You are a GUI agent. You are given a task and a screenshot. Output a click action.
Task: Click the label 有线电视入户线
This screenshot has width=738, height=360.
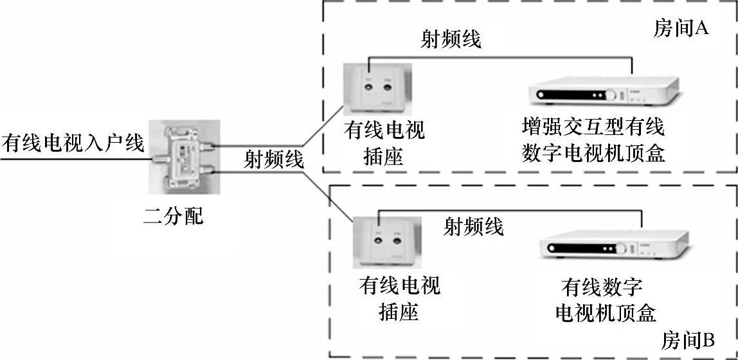click(x=73, y=143)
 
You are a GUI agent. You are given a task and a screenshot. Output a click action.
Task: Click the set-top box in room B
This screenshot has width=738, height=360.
click(x=618, y=247)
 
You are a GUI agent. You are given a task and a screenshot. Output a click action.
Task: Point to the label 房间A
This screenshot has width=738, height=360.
click(x=681, y=29)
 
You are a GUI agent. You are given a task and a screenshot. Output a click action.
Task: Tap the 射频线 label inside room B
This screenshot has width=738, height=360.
click(x=474, y=226)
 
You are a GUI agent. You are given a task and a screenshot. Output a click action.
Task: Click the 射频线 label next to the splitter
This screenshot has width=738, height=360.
click(x=273, y=160)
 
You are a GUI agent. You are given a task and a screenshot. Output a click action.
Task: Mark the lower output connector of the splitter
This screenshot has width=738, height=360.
click(x=209, y=171)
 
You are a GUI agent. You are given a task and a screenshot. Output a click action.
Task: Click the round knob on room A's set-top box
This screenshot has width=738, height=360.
click(x=611, y=96)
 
